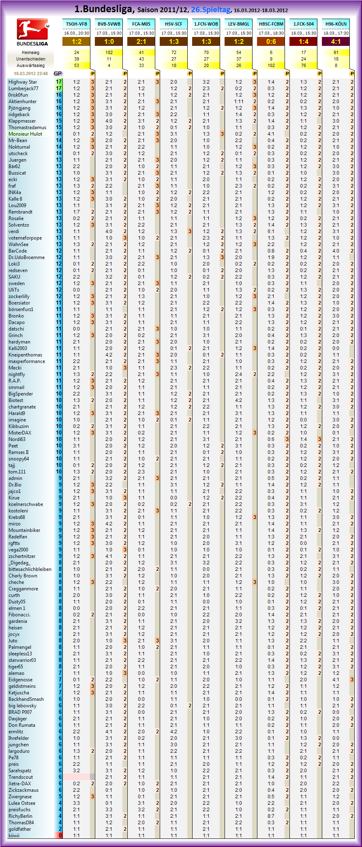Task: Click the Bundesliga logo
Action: click(x=32, y=32)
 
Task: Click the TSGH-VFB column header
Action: click(x=77, y=24)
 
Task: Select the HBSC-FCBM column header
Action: click(x=271, y=24)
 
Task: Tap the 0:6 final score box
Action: click(x=271, y=41)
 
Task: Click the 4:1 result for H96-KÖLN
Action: click(x=336, y=41)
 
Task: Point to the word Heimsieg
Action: click(x=30, y=52)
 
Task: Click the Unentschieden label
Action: click(x=31, y=59)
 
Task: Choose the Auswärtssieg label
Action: click(x=31, y=65)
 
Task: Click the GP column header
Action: click(x=58, y=73)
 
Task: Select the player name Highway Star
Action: click(x=23, y=82)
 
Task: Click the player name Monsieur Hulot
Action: click(x=26, y=134)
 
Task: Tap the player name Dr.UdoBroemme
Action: click(x=27, y=257)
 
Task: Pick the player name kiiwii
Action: click(x=14, y=836)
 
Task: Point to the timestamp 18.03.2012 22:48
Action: click(x=31, y=73)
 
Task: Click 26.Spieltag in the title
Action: click(x=211, y=9)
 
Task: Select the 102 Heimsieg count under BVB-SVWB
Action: click(x=109, y=52)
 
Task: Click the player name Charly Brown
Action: click(x=23, y=576)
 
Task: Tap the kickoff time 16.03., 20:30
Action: click(x=77, y=33)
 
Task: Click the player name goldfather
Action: click(x=19, y=829)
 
